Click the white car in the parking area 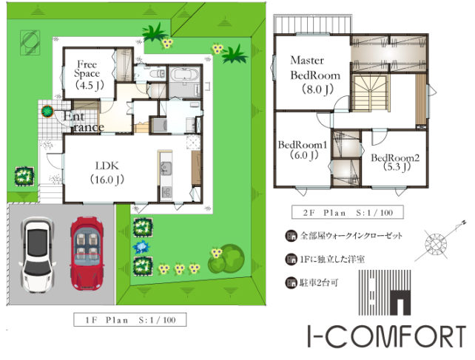coord(37,255)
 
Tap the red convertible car coord(87,253)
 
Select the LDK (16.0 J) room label coord(107,173)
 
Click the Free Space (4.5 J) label coord(89,75)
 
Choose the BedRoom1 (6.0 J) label coord(303,150)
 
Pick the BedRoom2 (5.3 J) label coord(395,162)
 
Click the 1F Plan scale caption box coord(130,320)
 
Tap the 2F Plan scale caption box coord(348,212)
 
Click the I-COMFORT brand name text coord(386,336)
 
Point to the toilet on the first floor coord(158,74)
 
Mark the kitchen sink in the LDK coord(166,169)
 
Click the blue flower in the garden coord(141,247)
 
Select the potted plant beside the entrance coord(47,112)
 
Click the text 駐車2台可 coord(319,283)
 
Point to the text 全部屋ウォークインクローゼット coord(351,236)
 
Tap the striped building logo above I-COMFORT coord(385,293)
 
